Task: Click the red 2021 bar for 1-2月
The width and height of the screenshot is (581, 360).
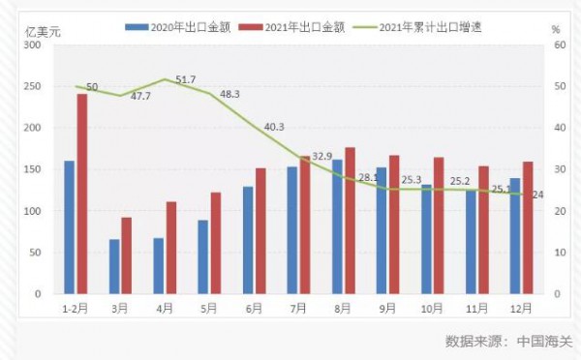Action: [x=82, y=194]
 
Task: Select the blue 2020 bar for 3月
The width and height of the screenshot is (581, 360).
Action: [x=114, y=266]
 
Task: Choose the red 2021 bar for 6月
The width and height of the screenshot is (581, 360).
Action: [x=261, y=230]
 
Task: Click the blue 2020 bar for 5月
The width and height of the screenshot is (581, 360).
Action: [x=203, y=256]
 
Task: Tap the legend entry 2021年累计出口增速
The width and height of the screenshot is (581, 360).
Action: [x=425, y=28]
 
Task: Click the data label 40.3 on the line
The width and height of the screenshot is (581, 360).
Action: [x=274, y=127]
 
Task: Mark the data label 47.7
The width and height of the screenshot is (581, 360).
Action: [x=140, y=97]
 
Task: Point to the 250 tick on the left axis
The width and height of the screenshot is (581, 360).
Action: [x=33, y=86]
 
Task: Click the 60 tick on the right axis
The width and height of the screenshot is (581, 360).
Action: [x=557, y=45]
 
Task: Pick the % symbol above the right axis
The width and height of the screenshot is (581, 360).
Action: [x=556, y=31]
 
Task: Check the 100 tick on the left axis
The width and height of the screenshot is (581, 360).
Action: [x=33, y=211]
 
